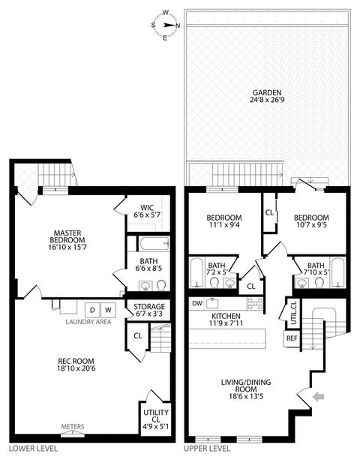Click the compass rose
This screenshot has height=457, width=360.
tap(166, 25)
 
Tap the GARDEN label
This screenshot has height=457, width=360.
tap(267, 93)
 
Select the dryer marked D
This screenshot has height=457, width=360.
tap(92, 310)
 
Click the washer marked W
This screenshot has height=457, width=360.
tap(108, 310)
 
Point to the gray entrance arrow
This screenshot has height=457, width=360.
tap(318, 396)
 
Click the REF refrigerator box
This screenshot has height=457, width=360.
tap(292, 338)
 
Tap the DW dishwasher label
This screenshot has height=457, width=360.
tap(197, 303)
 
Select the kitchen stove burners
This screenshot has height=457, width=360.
tap(255, 303)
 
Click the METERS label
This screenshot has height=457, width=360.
tap(73, 427)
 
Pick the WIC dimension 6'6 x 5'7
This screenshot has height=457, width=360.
tap(147, 215)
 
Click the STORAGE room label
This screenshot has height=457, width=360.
tap(149, 307)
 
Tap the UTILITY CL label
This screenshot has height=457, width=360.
tap(156, 416)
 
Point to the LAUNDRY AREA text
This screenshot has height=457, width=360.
tap(88, 322)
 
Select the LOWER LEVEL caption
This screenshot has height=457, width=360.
tap(33, 448)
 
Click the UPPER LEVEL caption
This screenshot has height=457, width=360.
tap(207, 448)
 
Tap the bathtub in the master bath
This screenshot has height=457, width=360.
tap(154, 244)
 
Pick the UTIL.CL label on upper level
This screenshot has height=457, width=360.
tap(293, 313)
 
